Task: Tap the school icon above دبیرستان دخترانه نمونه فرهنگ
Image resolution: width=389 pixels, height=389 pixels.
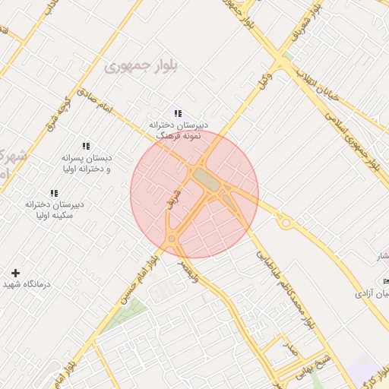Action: (x=178, y=114)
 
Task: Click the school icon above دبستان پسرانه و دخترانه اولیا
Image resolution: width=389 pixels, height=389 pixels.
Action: (x=86, y=145)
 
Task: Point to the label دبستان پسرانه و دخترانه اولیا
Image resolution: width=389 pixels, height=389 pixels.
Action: (x=87, y=163)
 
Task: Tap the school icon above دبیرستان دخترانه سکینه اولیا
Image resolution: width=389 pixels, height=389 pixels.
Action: (x=54, y=193)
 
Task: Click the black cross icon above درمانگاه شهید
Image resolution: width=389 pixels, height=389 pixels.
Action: (x=15, y=272)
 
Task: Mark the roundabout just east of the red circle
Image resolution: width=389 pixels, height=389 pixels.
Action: (x=286, y=223)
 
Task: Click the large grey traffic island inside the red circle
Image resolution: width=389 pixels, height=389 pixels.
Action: (x=204, y=179)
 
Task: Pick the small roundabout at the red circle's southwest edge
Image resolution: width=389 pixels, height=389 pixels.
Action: (x=172, y=239)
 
